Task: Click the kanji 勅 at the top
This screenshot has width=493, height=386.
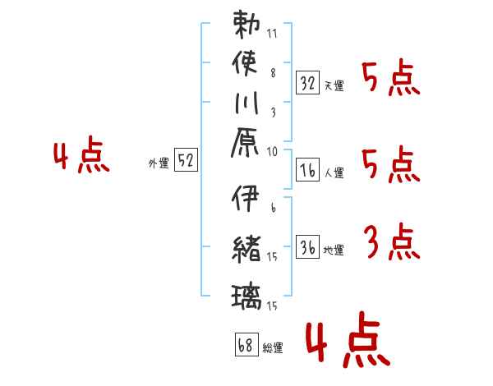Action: click(246, 25)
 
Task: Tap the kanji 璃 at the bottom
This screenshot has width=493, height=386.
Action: click(246, 292)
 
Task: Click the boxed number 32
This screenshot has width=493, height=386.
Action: click(307, 82)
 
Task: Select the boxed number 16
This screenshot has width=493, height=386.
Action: click(307, 171)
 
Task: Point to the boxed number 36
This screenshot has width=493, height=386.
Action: click(307, 248)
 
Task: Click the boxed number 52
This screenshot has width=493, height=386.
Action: click(186, 161)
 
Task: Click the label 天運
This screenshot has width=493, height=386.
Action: click(334, 85)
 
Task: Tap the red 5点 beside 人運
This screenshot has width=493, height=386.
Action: click(391, 167)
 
